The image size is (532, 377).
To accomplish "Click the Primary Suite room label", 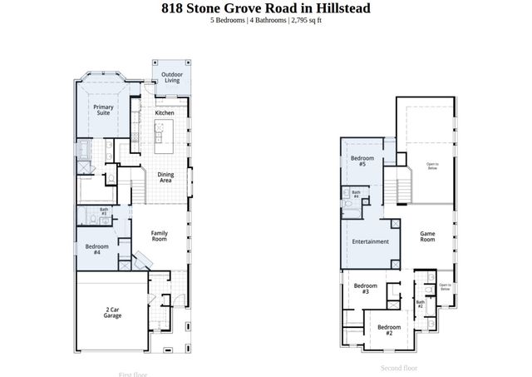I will coord(103,110).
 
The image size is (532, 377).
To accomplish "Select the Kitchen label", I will coord(165,112).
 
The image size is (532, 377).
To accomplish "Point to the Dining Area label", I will coord(165,176).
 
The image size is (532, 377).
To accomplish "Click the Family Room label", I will coord(159,236).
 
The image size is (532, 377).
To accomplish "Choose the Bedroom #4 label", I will coord(97,249).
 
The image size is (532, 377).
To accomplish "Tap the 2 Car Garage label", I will coord(112,312).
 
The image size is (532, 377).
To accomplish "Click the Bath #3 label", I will coord(104,212).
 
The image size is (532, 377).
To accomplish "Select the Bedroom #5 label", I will coord(362,161).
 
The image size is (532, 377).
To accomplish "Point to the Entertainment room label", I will coord(370,241).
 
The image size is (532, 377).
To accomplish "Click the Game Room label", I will coord(427,236).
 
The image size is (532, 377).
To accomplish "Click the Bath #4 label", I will coord(356,195).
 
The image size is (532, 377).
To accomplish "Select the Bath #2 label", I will coord(421,304).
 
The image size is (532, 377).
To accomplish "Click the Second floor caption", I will coord(398,368).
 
